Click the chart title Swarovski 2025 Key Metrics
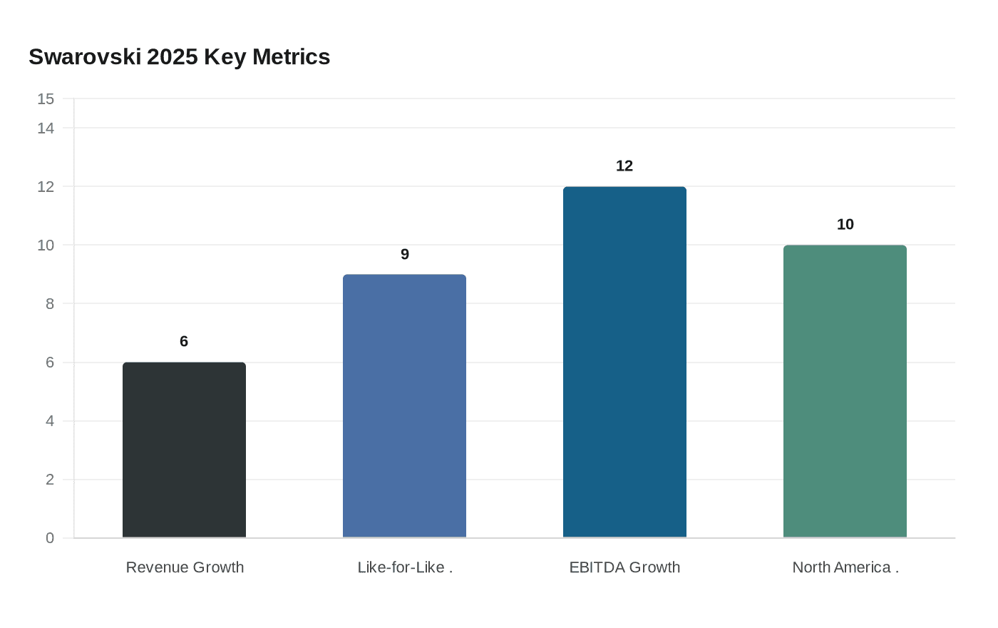tap(179, 56)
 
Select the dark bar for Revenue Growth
tap(184, 450)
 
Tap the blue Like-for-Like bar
tap(404, 406)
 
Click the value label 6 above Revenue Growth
tap(184, 341)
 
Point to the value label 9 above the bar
tap(404, 254)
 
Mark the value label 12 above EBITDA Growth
tap(624, 166)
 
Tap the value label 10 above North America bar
tap(845, 224)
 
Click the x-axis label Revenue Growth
tap(185, 567)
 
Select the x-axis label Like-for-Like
tap(404, 567)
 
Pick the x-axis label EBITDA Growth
tap(624, 567)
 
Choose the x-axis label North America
tap(845, 567)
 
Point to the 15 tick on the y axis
tap(46, 99)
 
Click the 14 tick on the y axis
tap(46, 128)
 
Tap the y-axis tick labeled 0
tap(50, 538)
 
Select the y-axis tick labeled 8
tap(50, 304)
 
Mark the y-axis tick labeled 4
tap(50, 421)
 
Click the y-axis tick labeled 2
tap(50, 480)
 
